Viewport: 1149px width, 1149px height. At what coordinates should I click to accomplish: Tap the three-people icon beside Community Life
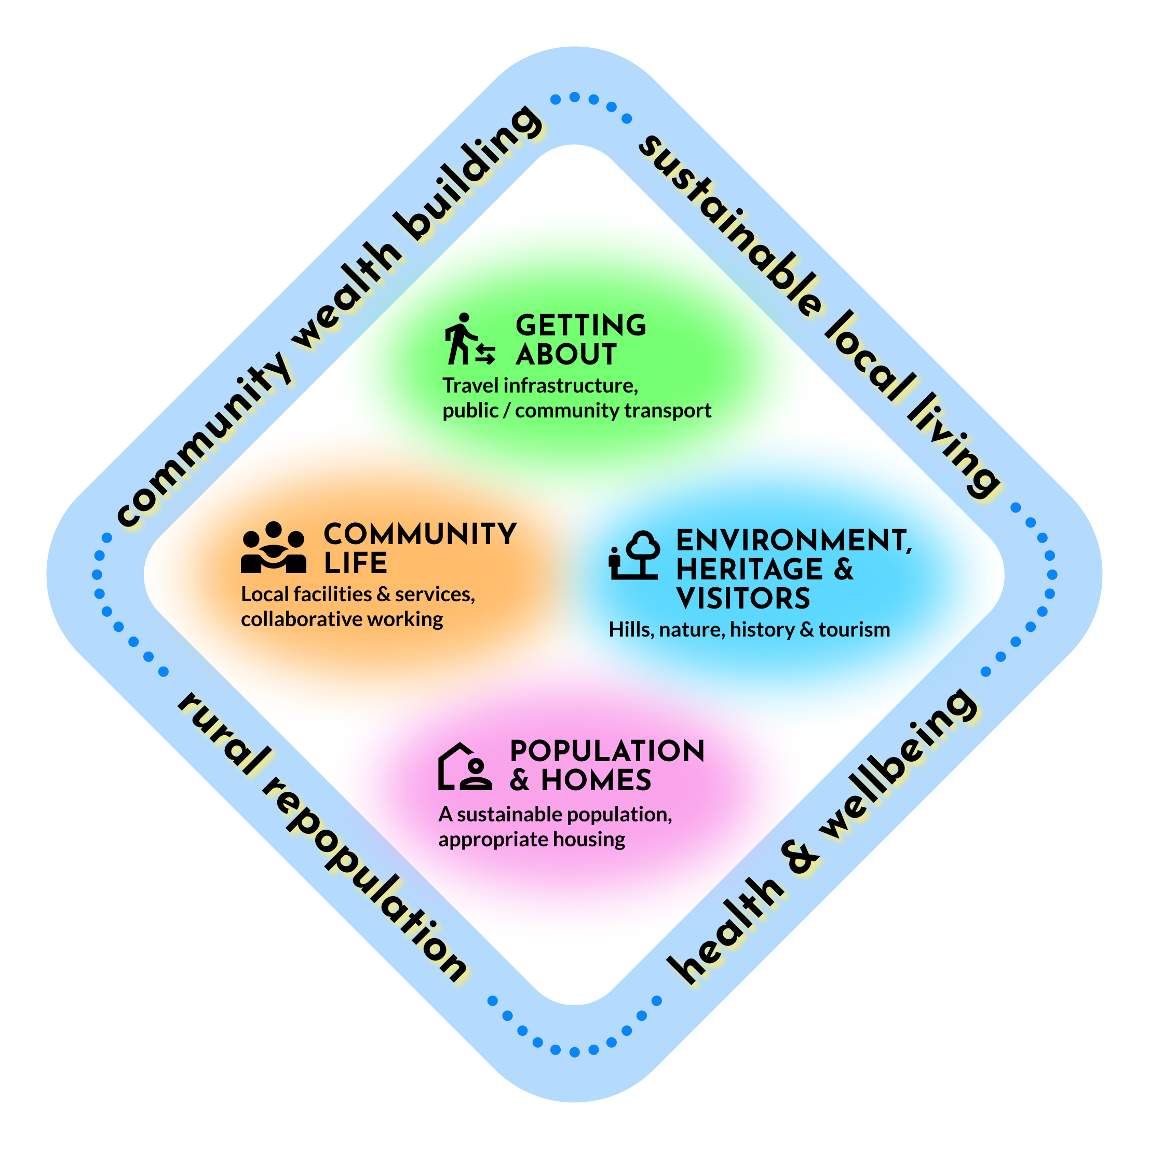pos(274,547)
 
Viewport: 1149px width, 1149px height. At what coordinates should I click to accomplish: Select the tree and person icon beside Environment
pos(634,555)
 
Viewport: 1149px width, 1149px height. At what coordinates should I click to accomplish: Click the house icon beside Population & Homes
pos(465,766)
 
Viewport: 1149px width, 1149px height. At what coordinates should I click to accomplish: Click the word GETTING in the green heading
pos(580,326)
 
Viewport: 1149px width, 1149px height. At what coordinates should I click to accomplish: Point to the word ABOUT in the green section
pos(565,355)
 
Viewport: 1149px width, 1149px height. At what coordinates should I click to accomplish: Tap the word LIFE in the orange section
pos(355,563)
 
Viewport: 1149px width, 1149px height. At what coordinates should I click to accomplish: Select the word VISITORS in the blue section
pos(743,598)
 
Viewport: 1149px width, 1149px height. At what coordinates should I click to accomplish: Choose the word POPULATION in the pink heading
pos(607,751)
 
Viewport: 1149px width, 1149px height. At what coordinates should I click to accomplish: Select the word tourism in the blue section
pos(854,630)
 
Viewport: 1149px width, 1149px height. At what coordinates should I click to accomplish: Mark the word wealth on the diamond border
pos(345,298)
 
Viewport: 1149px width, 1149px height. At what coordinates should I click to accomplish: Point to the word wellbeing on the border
pos(898,764)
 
